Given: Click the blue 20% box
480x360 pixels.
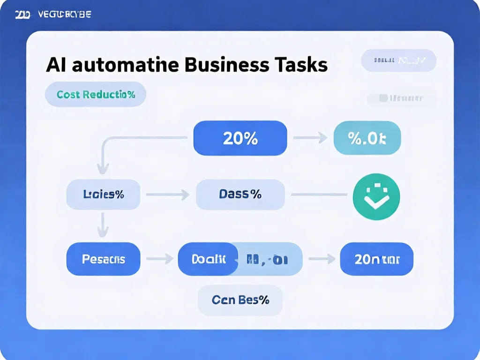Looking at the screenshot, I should pyautogui.click(x=240, y=138).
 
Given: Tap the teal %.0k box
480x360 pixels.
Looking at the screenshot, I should pyautogui.click(x=367, y=138).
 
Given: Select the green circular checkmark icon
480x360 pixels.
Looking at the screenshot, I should pyautogui.click(x=376, y=197).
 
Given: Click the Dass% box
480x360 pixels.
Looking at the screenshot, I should pyautogui.click(x=240, y=195).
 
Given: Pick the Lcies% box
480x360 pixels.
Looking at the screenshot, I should pyautogui.click(x=103, y=195).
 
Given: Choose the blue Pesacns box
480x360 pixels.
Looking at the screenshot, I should pyautogui.click(x=103, y=259).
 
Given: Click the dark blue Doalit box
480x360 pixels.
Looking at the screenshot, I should pyautogui.click(x=208, y=259).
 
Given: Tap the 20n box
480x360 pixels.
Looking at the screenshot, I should pyautogui.click(x=377, y=259).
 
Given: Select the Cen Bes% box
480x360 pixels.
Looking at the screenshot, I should pyautogui.click(x=240, y=300).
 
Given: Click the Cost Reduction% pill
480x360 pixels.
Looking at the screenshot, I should pyautogui.click(x=96, y=95).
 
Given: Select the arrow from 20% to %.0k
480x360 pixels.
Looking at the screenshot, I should pyautogui.click(x=309, y=138).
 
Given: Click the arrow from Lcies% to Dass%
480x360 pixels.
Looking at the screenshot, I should pyautogui.click(x=167, y=195).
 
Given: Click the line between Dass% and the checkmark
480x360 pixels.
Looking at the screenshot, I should pyautogui.click(x=319, y=195).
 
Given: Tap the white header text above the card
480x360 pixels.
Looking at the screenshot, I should pyautogui.click(x=53, y=15).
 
